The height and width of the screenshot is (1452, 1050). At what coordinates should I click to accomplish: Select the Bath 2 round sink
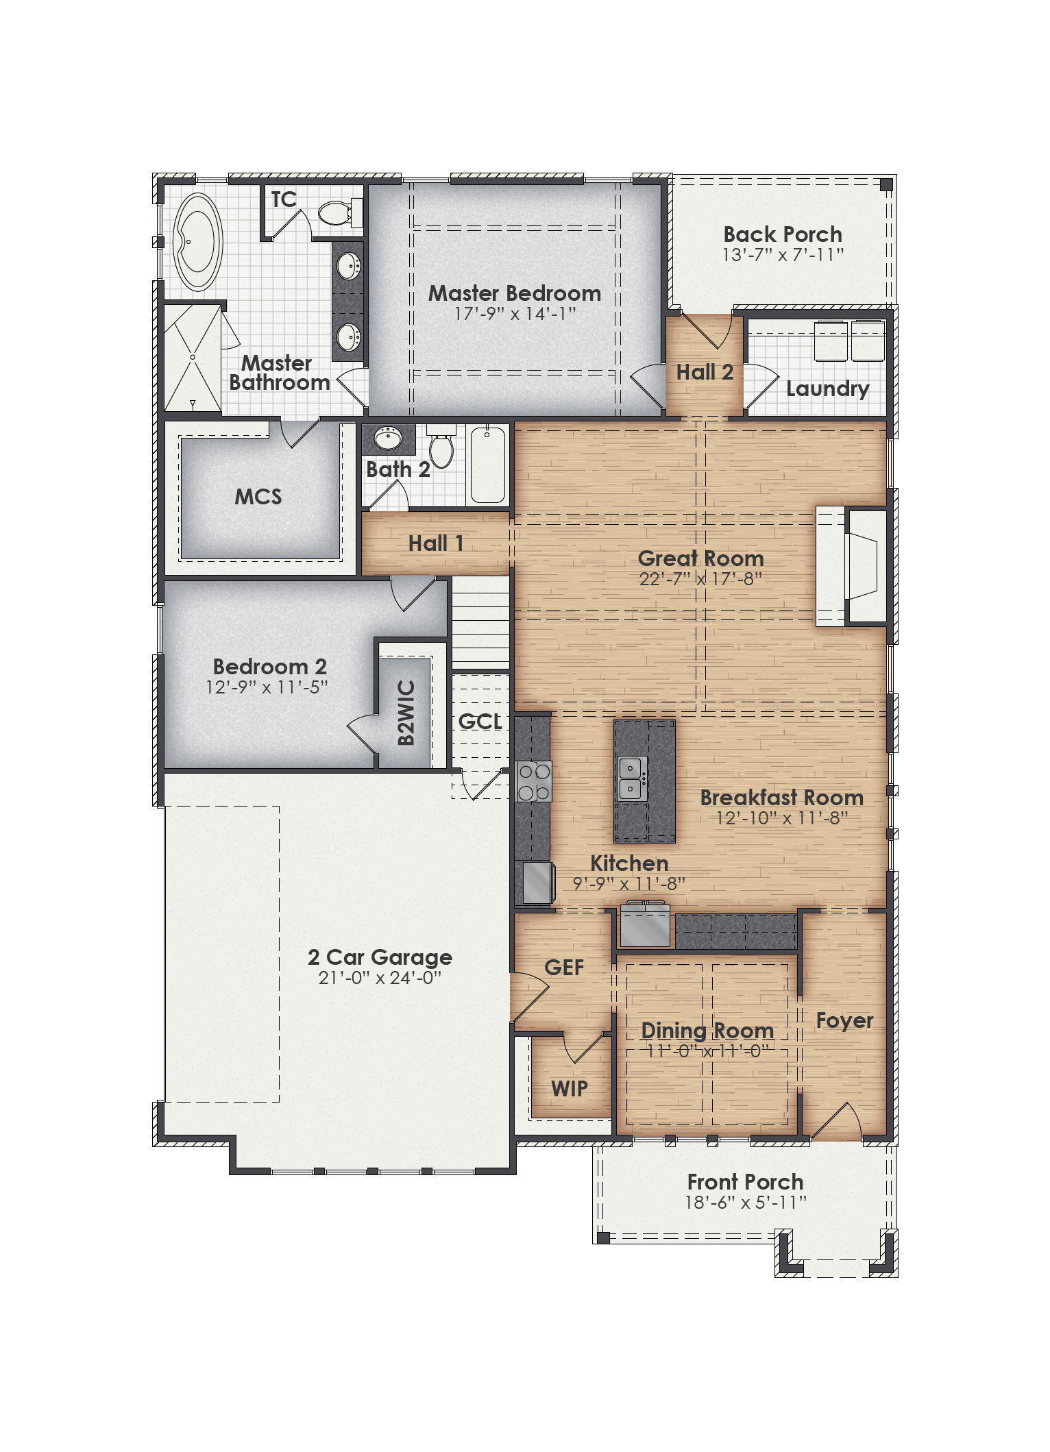[x=388, y=438]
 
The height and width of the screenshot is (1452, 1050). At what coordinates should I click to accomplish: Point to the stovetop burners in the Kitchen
[x=534, y=782]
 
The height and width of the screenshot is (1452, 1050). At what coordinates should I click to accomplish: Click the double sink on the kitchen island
[x=631, y=778]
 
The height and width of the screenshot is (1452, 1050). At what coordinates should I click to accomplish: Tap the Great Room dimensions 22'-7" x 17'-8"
[x=700, y=579]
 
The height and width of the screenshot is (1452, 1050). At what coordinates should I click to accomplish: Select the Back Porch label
[x=783, y=234]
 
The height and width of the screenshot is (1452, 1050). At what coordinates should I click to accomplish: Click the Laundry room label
[x=827, y=389]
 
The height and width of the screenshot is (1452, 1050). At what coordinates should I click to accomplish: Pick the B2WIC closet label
[x=406, y=713]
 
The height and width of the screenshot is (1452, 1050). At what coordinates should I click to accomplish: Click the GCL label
[x=480, y=722]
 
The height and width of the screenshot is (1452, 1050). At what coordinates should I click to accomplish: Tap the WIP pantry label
[x=569, y=1088]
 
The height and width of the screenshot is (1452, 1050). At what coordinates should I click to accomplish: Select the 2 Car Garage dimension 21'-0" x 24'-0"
[x=380, y=978]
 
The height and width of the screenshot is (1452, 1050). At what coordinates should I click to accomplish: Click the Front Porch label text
[x=745, y=1182]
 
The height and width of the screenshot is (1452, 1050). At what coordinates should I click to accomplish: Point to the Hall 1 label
[x=436, y=543]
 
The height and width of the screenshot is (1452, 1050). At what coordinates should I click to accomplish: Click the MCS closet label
[x=258, y=497]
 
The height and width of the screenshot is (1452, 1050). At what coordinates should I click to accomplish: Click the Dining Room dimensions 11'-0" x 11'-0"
[x=707, y=1051]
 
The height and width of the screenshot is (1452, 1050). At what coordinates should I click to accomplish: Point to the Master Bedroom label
[x=515, y=293]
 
